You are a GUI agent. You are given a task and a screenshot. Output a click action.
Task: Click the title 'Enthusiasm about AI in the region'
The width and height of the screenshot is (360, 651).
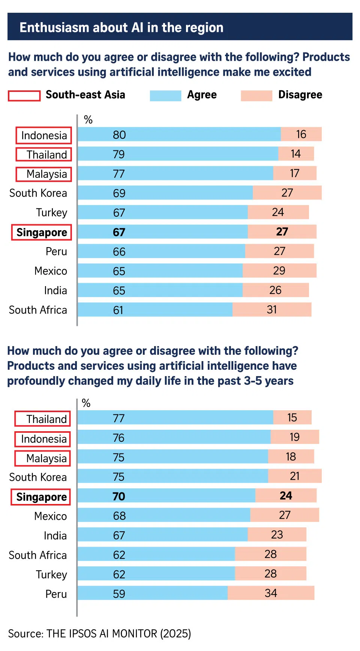pos(121,27)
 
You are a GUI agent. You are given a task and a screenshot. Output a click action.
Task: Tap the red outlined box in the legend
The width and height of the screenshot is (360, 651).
pos(24,96)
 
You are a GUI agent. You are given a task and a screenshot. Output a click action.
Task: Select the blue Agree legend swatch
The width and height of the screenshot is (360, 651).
pos(165,96)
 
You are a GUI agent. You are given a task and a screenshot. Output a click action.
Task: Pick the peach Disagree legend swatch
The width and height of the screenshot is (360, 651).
pos(256,96)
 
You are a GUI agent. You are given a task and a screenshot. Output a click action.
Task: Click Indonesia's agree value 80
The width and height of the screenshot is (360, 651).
pos(119,135)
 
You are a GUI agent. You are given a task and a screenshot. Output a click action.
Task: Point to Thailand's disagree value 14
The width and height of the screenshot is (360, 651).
pos(295,154)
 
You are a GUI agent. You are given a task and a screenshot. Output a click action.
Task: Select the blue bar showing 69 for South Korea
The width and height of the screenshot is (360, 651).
pos(165,193)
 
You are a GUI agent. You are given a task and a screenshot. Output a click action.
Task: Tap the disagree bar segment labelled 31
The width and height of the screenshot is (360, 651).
pos(272,310)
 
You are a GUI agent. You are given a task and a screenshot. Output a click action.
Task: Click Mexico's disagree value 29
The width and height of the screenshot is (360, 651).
pos(279,271)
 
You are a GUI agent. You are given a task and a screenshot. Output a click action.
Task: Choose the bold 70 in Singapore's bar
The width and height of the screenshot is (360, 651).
pos(119,496)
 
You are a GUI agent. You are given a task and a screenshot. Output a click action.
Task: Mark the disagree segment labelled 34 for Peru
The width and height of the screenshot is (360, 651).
pos(271,593)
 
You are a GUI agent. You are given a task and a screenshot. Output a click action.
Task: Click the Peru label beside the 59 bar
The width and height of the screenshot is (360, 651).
pos(56,594)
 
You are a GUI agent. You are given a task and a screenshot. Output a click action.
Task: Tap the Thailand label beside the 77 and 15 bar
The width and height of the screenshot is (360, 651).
pos(46,419)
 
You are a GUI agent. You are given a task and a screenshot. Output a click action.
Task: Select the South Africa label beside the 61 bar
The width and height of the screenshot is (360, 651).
pos(38,310)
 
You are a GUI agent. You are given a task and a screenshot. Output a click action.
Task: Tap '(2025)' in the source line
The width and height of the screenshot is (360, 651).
pos(175,633)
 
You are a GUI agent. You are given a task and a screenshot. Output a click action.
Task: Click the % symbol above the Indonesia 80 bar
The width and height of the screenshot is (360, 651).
pos(88,120)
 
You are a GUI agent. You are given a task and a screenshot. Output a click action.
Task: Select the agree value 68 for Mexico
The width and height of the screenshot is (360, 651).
pos(119,516)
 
